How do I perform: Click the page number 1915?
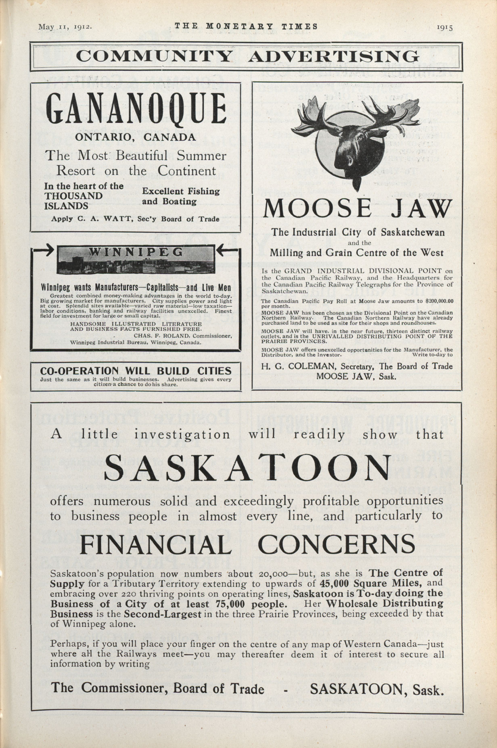pyautogui.click(x=445, y=27)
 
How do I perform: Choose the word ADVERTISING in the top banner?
pyautogui.click(x=333, y=57)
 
